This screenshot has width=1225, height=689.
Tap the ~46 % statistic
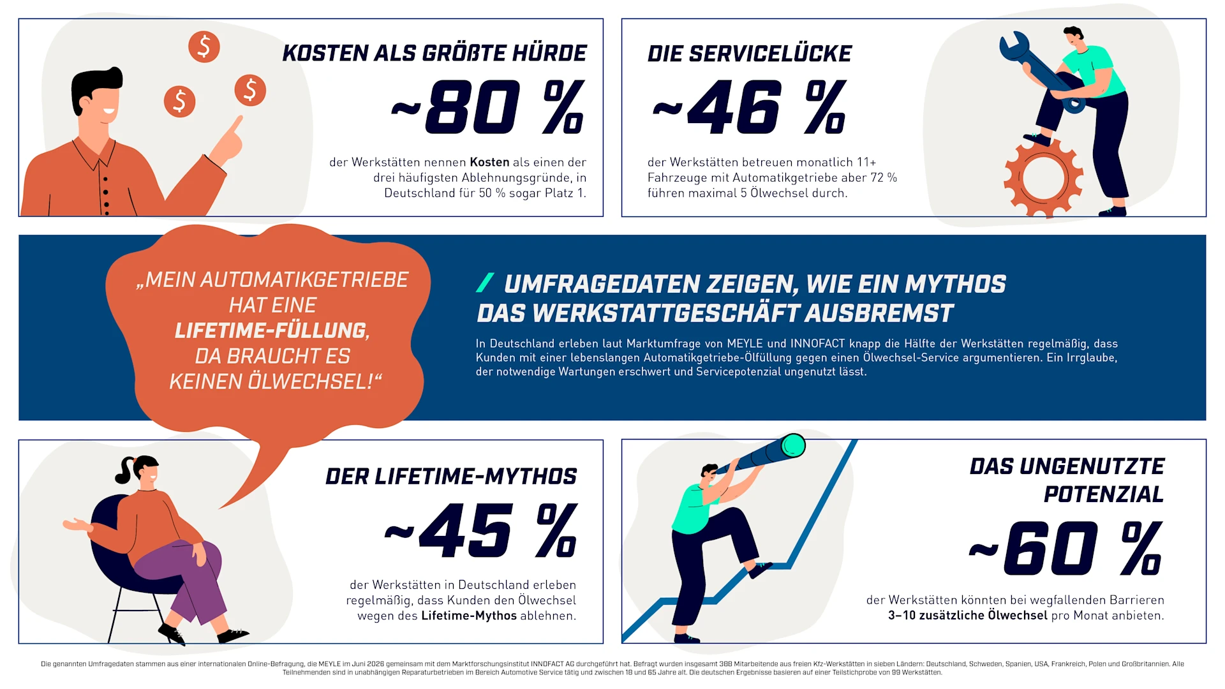coord(750,107)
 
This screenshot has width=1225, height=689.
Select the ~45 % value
coord(481,530)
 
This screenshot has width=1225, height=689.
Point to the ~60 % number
coord(1065,548)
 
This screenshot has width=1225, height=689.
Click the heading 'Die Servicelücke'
coord(750,54)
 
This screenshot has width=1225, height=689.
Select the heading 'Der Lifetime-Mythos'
coord(451,477)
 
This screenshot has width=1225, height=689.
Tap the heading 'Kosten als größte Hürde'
coord(434,53)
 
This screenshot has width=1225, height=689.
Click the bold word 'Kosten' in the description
coord(489,162)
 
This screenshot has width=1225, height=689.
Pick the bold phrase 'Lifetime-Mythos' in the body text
coord(469,616)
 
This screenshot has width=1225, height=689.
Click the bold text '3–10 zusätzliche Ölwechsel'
coord(968,615)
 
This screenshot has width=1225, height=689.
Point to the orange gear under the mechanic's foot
coord(1043,178)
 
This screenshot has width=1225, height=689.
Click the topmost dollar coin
coord(204,47)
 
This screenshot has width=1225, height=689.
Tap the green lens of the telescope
coord(793,445)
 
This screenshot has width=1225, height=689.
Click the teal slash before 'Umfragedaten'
coord(485,283)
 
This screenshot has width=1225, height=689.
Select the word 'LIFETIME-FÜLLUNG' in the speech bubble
coord(272,330)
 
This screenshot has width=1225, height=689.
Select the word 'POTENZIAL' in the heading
coord(1104,494)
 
